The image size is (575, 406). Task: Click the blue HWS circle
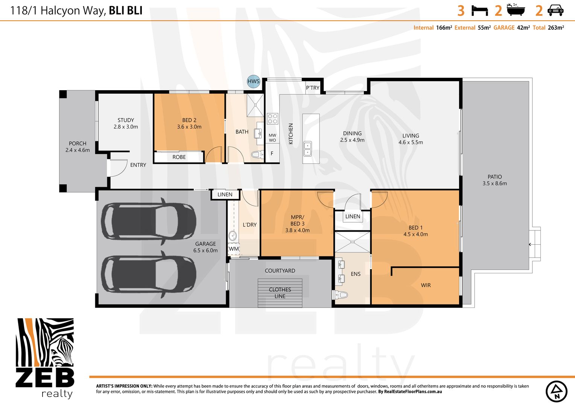(253, 81)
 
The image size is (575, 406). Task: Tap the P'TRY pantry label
(313, 88)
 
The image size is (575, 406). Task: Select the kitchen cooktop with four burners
(272, 118)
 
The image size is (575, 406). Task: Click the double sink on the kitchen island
(307, 149)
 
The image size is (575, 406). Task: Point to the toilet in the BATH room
(257, 155)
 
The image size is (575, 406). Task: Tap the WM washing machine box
(234, 249)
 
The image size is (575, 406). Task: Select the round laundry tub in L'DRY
(233, 235)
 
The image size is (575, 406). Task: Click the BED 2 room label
(189, 120)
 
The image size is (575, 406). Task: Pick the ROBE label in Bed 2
(179, 157)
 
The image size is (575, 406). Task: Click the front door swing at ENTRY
(119, 168)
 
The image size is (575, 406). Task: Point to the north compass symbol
(557, 391)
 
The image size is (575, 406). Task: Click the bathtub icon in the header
(516, 10)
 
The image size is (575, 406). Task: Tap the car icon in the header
(555, 11)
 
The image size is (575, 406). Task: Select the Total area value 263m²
(556, 28)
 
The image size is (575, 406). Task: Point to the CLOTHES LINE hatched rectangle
(280, 293)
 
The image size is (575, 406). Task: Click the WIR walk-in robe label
(426, 285)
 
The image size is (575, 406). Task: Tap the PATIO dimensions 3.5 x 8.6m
(494, 183)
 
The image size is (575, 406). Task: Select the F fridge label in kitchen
(272, 153)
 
